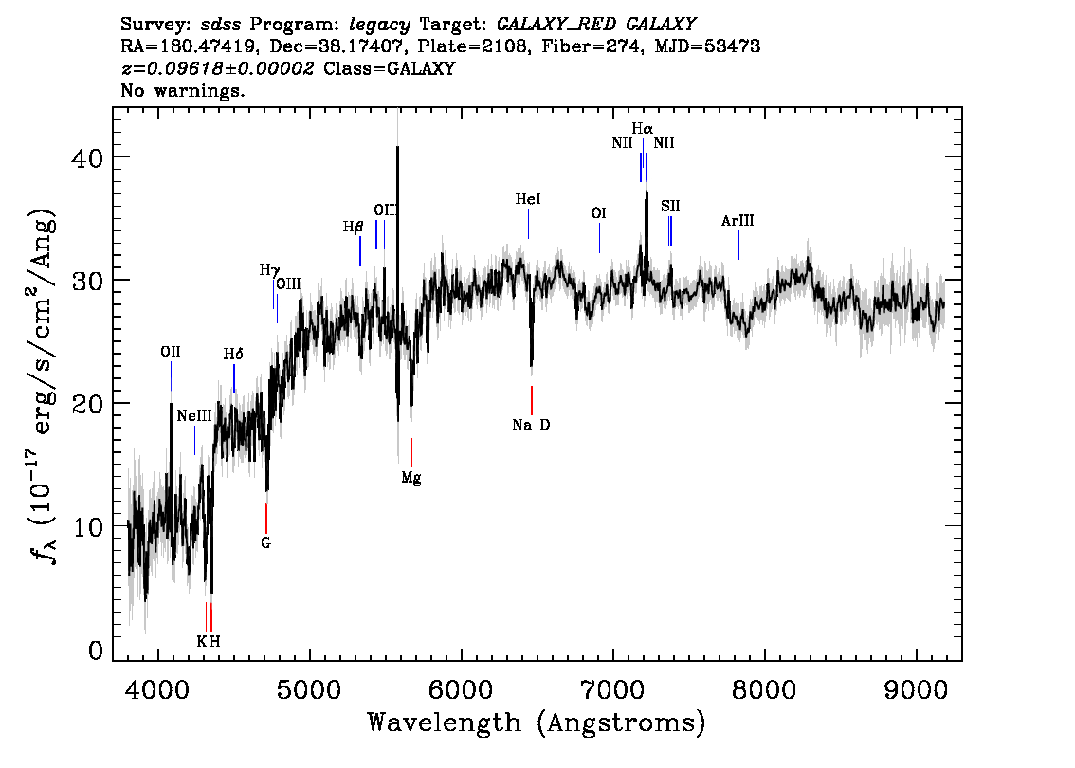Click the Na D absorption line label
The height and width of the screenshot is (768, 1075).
tap(531, 425)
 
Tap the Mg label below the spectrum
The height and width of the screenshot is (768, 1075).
tap(411, 478)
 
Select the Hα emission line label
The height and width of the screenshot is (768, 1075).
tap(643, 128)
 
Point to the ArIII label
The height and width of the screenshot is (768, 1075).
tap(738, 221)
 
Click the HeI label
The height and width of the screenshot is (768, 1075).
tap(528, 199)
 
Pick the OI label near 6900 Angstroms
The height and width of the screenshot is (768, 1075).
tap(598, 213)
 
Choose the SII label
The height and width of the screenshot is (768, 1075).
tap(670, 206)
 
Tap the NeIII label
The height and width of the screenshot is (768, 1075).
tap(194, 415)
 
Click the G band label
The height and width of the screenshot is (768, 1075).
tap(266, 543)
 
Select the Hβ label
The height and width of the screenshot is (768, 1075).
tap(353, 227)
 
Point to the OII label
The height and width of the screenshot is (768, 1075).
tap(171, 352)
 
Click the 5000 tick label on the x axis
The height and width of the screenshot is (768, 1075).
tap(311, 689)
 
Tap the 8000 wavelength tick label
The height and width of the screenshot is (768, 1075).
tap(764, 689)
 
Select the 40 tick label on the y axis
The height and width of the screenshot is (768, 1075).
tap(87, 157)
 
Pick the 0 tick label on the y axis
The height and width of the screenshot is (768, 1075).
tap(96, 650)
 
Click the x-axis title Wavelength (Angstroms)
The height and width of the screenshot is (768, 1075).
tap(537, 722)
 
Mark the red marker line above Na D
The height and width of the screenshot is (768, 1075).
tap(531, 400)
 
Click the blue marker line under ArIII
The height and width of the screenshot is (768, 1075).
tap(738, 246)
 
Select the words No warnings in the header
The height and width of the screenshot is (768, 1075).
tap(182, 90)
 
